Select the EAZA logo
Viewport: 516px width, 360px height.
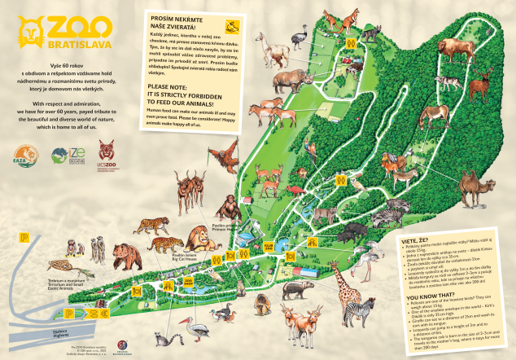click(x=24, y=154)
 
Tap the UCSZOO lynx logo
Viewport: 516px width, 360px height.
click(x=106, y=153)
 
